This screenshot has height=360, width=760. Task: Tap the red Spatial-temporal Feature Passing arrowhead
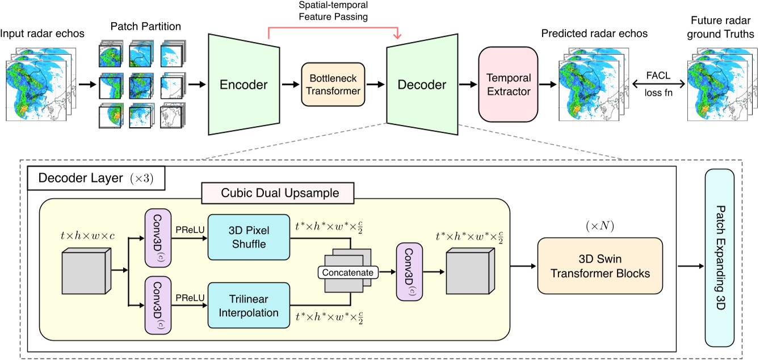401,36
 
